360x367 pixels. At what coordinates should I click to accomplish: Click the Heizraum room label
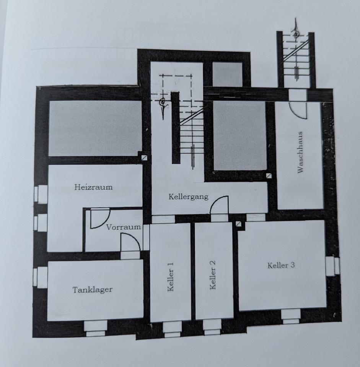94,187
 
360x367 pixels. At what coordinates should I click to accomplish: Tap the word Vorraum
124,227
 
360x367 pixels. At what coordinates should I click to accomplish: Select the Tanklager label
93,289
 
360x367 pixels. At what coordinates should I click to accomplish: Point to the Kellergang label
188,196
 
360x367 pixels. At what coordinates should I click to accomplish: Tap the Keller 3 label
281,265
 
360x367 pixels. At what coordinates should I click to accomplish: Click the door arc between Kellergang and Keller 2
220,206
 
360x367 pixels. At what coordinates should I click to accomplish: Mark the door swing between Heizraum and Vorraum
99,218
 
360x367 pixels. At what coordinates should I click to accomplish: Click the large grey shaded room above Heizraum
95,128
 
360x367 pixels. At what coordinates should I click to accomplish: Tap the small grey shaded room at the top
227,74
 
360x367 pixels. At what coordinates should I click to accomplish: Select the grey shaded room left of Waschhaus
239,135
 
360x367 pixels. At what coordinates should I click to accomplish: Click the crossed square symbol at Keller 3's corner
240,224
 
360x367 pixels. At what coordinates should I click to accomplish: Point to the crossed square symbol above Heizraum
143,158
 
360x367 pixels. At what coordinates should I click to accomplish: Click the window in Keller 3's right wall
332,266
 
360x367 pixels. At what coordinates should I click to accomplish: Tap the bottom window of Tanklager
95,328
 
